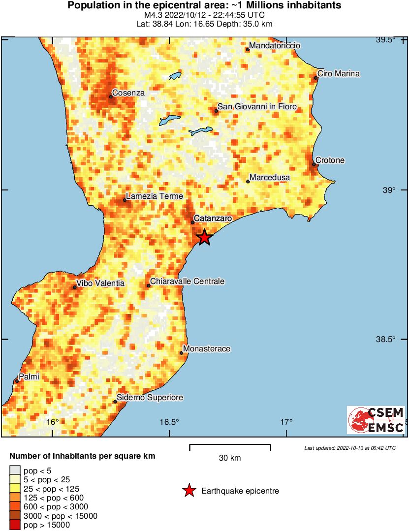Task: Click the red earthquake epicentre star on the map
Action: pos(204,237)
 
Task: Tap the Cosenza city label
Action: pos(128,93)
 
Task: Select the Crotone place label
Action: pos(330,160)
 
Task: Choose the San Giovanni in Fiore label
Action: pos(257,107)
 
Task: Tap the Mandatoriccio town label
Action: pos(275,46)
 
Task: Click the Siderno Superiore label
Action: pos(150,398)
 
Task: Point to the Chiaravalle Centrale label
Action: pos(187,281)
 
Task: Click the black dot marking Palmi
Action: pos(17,381)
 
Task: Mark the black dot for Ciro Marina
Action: pos(315,78)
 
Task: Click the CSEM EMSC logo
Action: pos(376,420)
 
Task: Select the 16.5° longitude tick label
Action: pos(169,422)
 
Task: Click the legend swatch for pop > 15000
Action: pos(15,525)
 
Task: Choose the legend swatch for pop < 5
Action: pos(15,471)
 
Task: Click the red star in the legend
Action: pos(189,491)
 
